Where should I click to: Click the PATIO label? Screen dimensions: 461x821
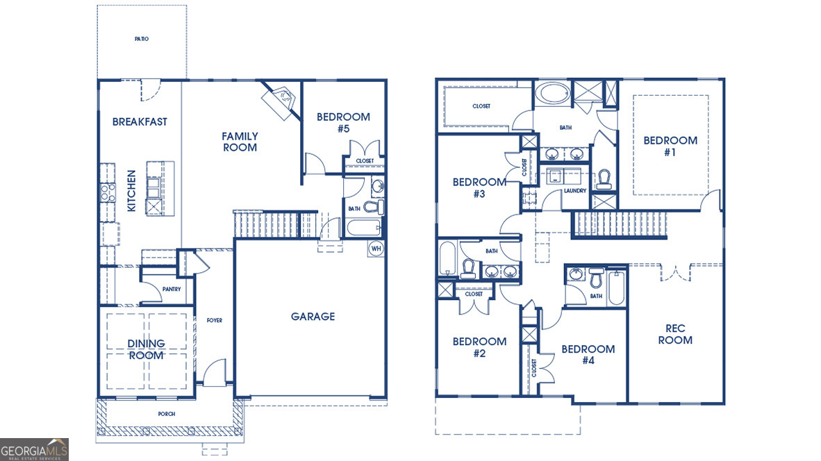coord(142,39)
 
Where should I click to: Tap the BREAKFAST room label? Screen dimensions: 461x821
coord(140,121)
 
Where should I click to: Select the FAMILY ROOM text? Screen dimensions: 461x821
coord(240,142)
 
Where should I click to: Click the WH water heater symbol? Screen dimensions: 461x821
coord(376,248)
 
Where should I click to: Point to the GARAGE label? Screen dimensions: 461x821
coord(313,317)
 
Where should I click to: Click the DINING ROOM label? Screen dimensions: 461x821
coord(146,349)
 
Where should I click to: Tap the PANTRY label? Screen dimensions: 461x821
coord(172,290)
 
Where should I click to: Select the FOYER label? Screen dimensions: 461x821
coord(215,320)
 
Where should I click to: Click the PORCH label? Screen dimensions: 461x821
coord(166,414)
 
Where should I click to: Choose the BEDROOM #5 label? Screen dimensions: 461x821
coord(343,122)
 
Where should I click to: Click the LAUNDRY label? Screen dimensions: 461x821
coord(575,191)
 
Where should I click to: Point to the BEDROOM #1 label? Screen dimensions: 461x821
coord(670,146)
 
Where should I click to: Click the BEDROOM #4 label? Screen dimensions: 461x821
coord(588,354)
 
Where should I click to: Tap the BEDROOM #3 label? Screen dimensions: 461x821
coord(479,187)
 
